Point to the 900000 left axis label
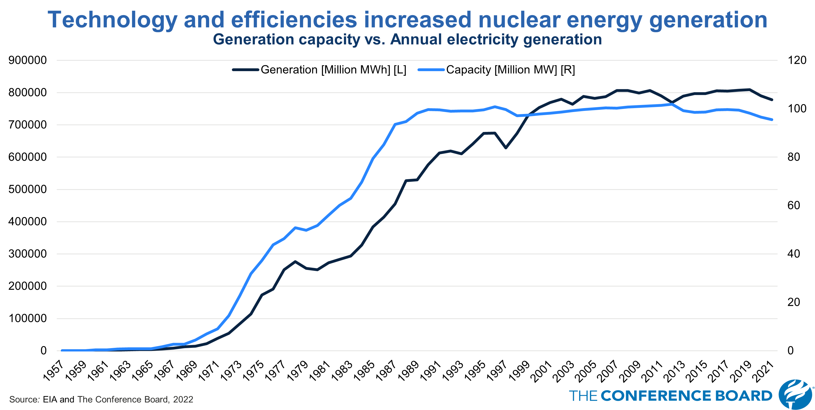click(27, 60)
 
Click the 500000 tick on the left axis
click(27, 189)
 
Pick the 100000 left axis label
click(27, 318)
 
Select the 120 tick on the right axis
click(797, 60)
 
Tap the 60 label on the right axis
click(793, 206)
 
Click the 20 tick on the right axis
click(793, 302)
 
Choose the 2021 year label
click(764, 371)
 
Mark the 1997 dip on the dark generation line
click(506, 148)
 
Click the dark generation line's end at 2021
click(772, 100)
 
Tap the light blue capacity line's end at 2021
click(772, 120)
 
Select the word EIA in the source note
click(50, 400)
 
